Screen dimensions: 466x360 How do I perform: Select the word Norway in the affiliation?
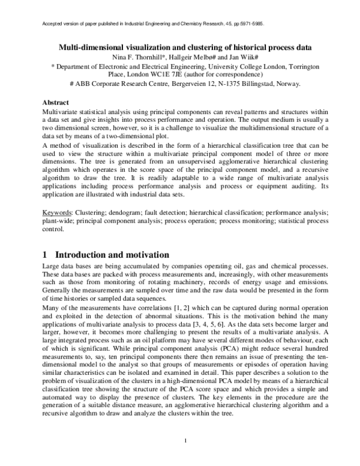(287, 85)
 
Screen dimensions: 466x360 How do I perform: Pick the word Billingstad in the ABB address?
(249, 85)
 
